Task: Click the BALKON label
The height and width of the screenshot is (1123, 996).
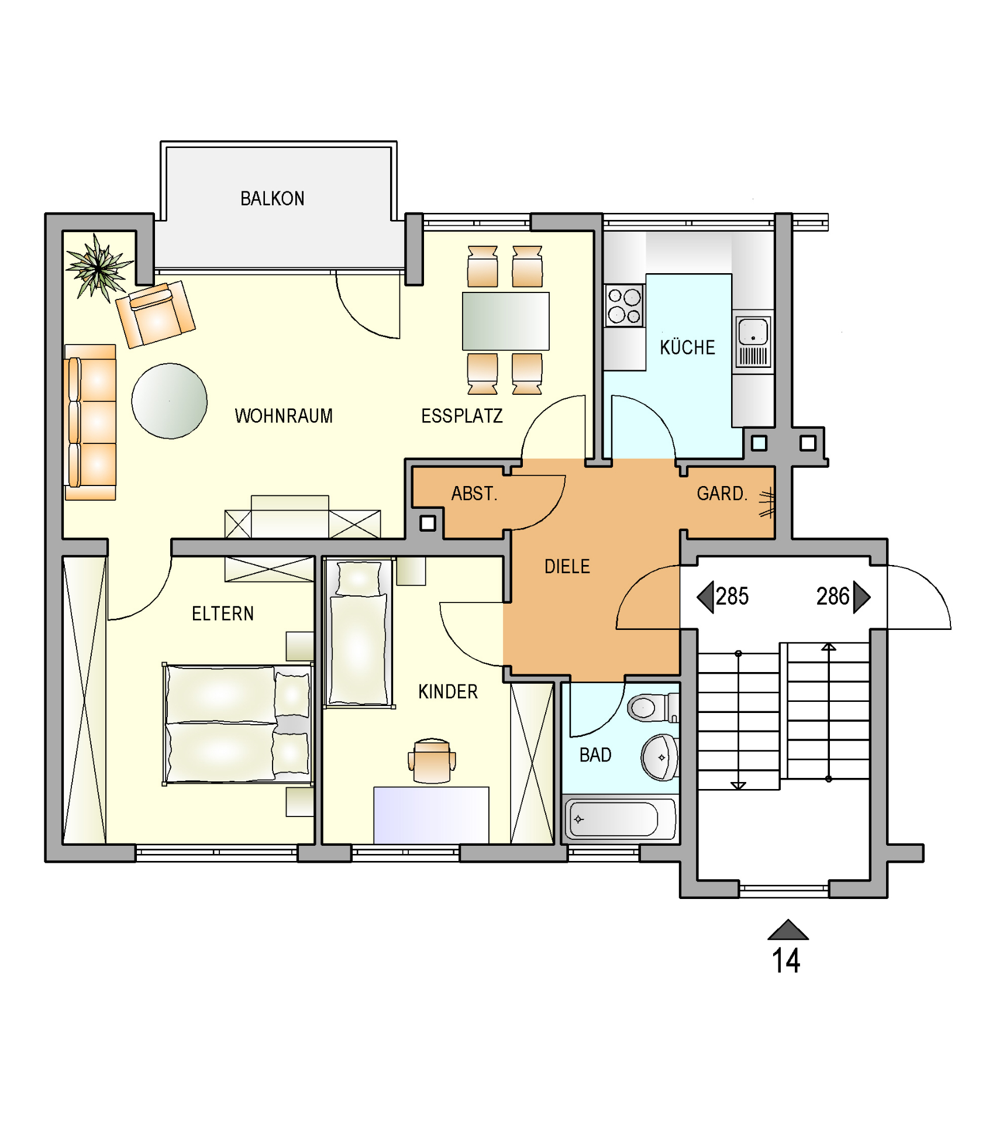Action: [x=273, y=199]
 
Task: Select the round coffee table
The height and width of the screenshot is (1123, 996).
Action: [x=170, y=401]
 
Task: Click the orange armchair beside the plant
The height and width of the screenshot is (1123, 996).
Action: [x=156, y=314]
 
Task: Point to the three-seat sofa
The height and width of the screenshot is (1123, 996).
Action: [x=90, y=422]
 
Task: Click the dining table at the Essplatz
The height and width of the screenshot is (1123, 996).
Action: [x=506, y=321]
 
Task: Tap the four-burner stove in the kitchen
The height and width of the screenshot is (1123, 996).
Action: [x=624, y=306]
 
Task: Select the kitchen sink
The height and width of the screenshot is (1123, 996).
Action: [x=753, y=342]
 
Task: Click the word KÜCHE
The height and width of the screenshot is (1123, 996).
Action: [x=688, y=347]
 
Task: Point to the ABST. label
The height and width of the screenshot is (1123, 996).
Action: [x=474, y=494]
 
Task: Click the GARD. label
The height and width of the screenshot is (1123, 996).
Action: [x=722, y=494]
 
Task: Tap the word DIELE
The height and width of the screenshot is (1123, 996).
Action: [x=567, y=567]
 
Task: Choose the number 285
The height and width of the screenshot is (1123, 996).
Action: [x=732, y=597]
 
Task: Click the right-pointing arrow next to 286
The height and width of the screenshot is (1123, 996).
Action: [x=861, y=597]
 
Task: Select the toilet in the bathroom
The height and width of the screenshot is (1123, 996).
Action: [x=653, y=708]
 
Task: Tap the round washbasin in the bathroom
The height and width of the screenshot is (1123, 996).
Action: [x=660, y=758]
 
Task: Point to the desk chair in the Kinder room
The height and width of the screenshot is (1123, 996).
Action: [x=432, y=761]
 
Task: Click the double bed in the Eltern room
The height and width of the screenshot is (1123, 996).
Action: [x=237, y=724]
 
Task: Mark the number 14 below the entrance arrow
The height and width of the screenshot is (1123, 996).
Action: [x=786, y=961]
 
